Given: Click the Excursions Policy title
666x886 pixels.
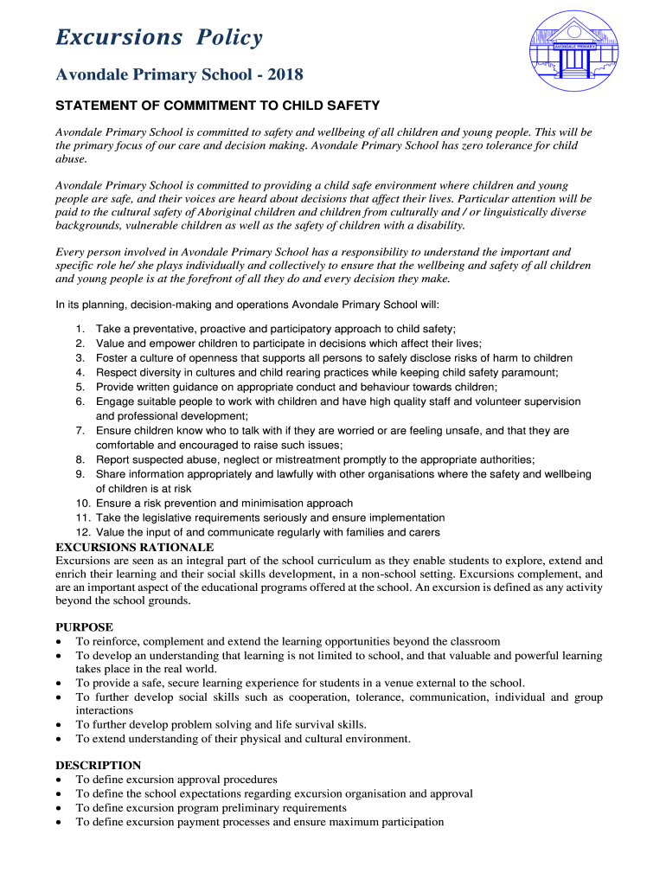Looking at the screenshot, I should (158, 38).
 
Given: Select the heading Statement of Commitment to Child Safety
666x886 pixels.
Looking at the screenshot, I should (217, 106).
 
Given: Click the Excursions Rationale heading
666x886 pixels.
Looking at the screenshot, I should (134, 547).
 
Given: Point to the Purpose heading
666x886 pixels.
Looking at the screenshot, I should (84, 626).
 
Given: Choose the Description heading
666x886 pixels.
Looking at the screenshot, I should (98, 765).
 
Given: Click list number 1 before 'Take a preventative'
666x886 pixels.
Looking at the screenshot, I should (80, 329).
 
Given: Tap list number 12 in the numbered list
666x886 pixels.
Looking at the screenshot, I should (83, 532).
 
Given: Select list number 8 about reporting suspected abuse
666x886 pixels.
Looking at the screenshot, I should (80, 459).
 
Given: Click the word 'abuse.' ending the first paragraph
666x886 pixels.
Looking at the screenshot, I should (71, 159).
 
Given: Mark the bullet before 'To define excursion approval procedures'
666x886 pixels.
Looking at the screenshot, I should (58, 780).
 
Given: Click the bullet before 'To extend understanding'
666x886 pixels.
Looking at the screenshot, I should (58, 739).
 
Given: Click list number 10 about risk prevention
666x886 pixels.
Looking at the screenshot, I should (83, 503).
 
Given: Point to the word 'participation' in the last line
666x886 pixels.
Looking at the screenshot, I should (411, 822).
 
